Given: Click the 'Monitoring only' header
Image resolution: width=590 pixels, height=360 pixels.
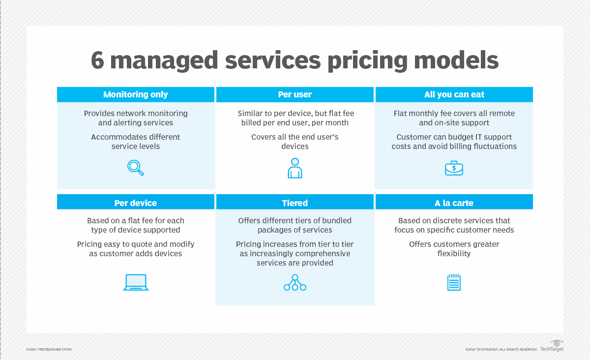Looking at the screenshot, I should [x=135, y=94].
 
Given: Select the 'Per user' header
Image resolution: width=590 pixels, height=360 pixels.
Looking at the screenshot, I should [x=295, y=94].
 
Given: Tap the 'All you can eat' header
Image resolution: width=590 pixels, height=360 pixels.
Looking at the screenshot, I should [x=454, y=94].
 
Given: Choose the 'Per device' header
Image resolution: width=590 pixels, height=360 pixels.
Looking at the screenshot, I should [x=135, y=203].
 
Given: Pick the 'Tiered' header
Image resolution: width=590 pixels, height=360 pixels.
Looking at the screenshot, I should [x=295, y=203].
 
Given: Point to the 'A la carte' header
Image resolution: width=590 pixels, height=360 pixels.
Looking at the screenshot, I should [x=454, y=203].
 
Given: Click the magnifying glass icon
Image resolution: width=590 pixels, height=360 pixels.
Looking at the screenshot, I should [x=136, y=168].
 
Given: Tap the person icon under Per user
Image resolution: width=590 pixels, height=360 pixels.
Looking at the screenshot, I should [x=295, y=168].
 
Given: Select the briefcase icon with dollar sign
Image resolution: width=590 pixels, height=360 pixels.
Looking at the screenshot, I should [x=454, y=168].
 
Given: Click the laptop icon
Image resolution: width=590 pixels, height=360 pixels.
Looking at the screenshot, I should [x=136, y=282].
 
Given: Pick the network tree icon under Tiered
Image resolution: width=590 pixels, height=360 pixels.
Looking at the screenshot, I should [x=295, y=282].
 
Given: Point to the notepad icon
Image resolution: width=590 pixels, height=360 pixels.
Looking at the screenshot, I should [x=454, y=282].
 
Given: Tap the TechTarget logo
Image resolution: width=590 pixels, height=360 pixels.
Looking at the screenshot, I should [x=552, y=346].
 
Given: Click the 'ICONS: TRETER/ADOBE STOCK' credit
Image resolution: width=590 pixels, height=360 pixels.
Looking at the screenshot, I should [x=49, y=349].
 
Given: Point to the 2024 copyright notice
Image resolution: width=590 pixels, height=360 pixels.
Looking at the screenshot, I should [x=501, y=349].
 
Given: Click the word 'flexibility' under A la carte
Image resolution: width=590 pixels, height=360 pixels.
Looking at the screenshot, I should [x=454, y=254].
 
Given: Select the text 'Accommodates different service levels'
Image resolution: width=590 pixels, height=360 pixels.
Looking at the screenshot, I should [x=136, y=142].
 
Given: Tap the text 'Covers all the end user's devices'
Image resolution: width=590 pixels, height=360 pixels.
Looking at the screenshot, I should [x=295, y=142].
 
